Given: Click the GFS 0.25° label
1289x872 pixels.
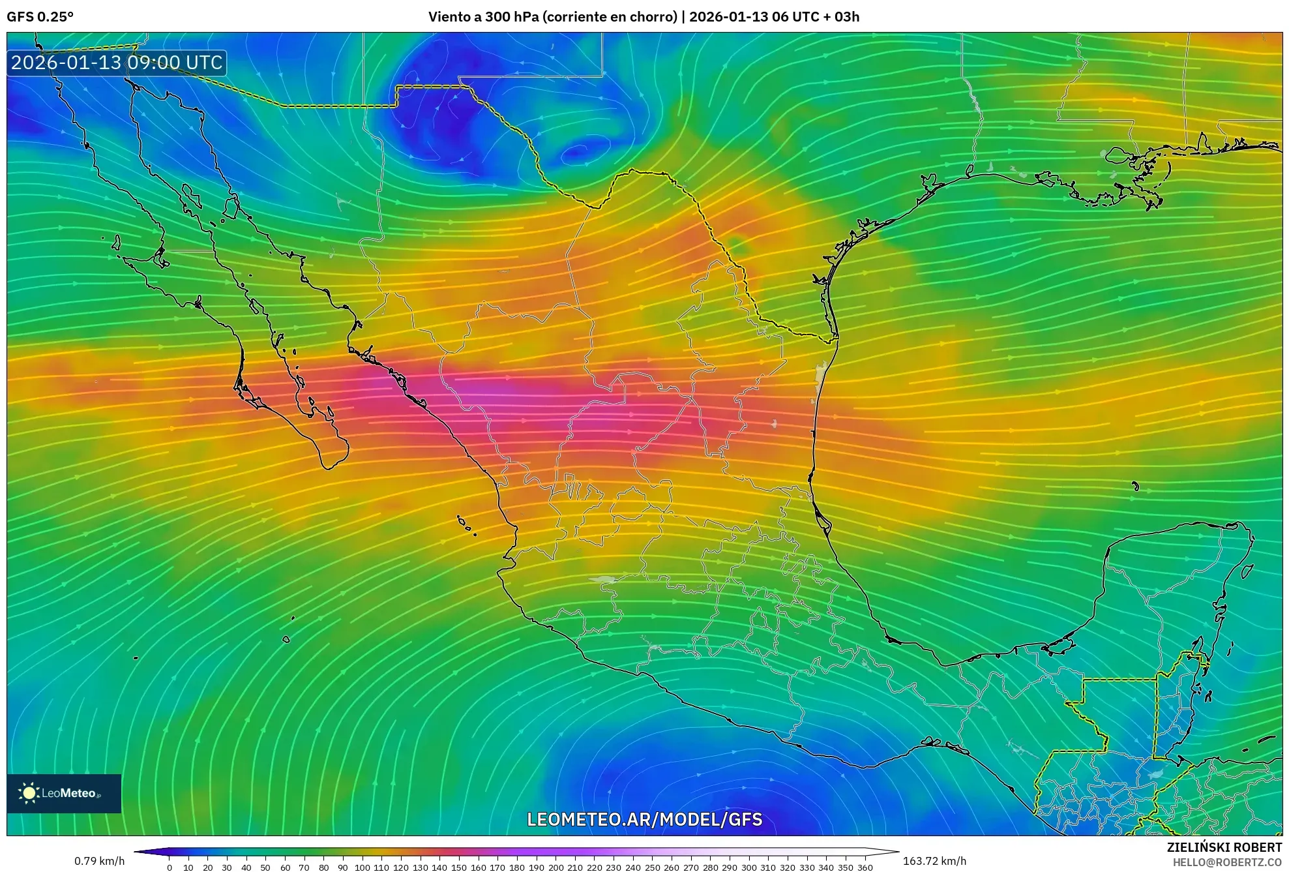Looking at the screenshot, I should point(40,17).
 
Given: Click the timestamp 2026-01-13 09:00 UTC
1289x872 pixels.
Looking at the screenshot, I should point(117,63).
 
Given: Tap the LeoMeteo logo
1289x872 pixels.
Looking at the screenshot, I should point(64,793).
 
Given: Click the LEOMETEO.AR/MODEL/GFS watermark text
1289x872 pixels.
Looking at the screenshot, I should point(644,820).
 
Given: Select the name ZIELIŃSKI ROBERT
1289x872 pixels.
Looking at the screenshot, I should point(1224,847).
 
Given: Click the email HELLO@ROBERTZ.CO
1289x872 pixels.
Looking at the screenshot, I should point(1227,862).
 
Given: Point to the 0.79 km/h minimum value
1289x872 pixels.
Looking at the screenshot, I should point(99,861).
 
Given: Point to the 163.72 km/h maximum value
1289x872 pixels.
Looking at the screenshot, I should point(934,861).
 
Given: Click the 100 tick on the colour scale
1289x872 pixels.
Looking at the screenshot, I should point(362,867).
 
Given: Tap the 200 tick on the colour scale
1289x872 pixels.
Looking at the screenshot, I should point(556,867).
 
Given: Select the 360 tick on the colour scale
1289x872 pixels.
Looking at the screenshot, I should point(865,867).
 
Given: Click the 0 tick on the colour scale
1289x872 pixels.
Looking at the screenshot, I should point(170,867).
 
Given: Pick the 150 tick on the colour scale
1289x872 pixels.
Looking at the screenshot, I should point(459,867).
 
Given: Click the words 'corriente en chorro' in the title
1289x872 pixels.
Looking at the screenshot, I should point(611,17).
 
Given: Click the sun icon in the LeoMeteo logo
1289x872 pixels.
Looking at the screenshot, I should point(29,793).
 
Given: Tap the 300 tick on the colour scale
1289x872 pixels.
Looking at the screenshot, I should point(748,867).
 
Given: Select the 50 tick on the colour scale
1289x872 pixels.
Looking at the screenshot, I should point(265,867).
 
